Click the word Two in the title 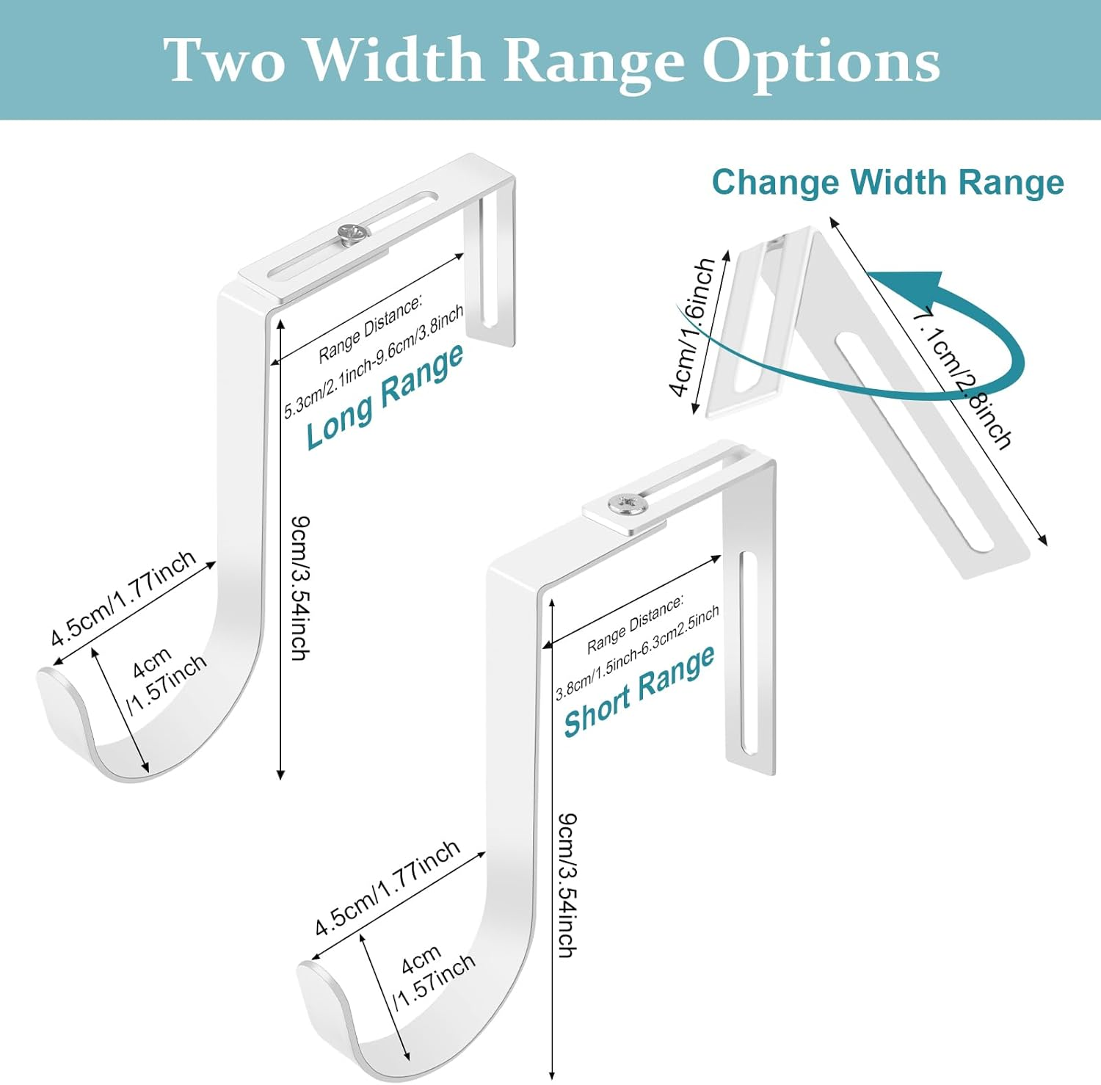223,60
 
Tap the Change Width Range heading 887,182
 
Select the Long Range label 385,396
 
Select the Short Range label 639,691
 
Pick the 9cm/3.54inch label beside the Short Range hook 567,884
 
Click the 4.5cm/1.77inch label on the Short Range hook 387,888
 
